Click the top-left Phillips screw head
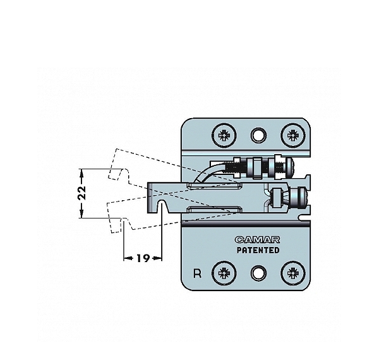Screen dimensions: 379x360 pos(224,135)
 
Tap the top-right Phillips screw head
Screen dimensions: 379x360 pos(293,135)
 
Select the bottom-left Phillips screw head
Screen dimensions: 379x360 pos(224,273)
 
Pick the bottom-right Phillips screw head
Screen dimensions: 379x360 pos(293,273)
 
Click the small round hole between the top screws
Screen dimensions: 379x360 pos(258,135)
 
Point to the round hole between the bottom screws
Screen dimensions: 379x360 pos(258,273)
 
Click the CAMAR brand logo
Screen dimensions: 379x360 pos(258,239)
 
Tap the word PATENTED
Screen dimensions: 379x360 pos(258,250)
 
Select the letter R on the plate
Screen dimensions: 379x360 pos(198,273)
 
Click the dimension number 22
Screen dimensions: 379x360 pos(82,193)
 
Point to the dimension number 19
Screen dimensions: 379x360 pos(143,258)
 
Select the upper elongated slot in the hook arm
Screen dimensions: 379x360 pos(215,185)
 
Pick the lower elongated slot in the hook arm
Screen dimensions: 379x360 pos(214,209)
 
